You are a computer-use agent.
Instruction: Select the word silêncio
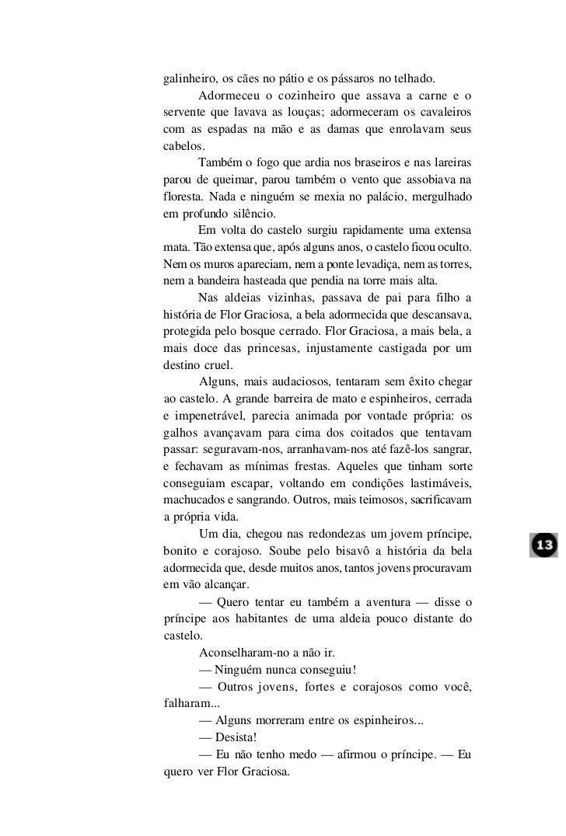click(264, 213)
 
